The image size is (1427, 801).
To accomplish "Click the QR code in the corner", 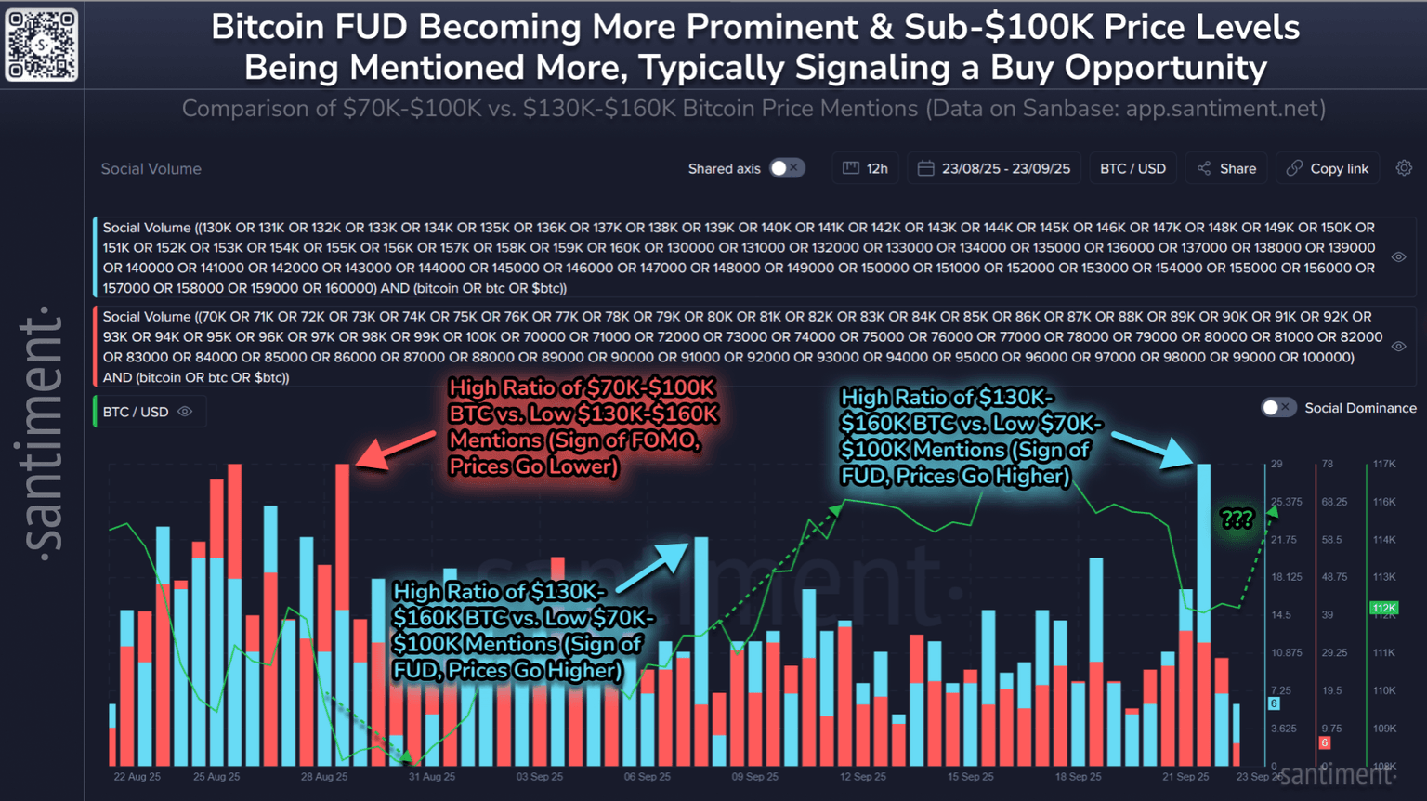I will (42, 44).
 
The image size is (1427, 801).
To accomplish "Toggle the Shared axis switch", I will (787, 168).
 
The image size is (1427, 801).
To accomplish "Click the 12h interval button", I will (865, 168).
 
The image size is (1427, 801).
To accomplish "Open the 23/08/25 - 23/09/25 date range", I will (994, 168).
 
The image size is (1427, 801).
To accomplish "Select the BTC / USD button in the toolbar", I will (1132, 168).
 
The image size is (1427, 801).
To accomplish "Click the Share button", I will (1226, 168).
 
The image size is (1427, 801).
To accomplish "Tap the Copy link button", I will (1328, 168).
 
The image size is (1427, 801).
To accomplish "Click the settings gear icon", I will (1404, 168).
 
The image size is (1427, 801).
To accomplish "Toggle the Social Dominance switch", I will (1277, 408).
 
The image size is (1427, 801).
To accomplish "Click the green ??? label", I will (1237, 519).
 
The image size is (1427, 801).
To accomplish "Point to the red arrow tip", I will (360, 464).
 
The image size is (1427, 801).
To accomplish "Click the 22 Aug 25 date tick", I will (137, 777).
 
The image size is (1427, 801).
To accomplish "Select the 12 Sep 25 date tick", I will (863, 777).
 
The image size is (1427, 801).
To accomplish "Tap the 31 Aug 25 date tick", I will (432, 777).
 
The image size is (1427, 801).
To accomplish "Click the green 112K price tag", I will (1384, 609).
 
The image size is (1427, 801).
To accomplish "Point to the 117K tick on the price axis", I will (1384, 464).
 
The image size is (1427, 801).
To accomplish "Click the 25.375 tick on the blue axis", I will (1287, 502).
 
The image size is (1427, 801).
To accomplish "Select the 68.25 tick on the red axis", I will (1334, 502).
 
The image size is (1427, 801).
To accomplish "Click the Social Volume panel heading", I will (151, 169).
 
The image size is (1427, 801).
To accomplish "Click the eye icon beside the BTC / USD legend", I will (185, 412).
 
